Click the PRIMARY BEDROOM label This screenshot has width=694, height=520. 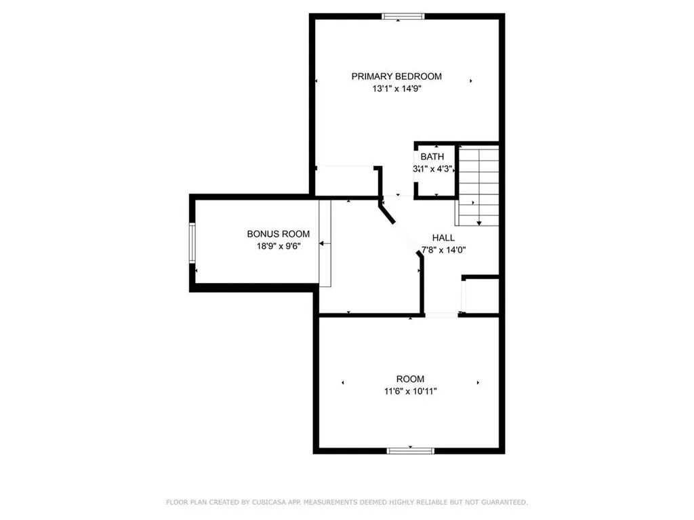(396, 77)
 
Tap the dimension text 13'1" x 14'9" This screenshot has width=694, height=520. (396, 89)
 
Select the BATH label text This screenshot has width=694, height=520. (432, 157)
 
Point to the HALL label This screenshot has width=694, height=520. (444, 238)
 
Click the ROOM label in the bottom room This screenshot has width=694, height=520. (410, 379)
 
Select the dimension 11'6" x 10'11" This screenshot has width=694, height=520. (410, 391)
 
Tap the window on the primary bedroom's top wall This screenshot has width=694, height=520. (403, 16)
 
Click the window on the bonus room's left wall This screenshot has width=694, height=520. (192, 243)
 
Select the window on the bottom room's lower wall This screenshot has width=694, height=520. (410, 450)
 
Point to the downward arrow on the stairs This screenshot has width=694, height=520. (479, 221)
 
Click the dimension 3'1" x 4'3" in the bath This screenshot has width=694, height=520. (432, 169)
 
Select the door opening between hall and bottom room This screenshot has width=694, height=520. (441, 314)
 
